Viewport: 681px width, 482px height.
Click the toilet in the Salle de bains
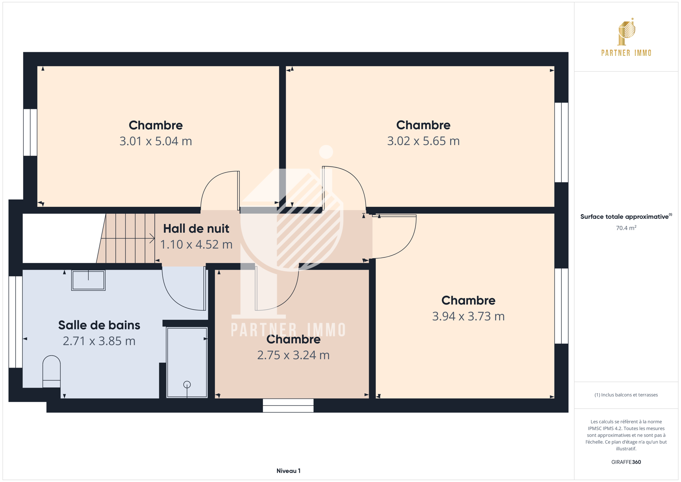coord(51,371)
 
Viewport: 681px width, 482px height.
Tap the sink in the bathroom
coord(88,280)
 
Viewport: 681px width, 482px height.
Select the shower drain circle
coord(187,385)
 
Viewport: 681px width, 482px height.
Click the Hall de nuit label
coord(196,229)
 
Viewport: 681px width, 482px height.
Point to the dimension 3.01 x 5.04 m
coord(156,141)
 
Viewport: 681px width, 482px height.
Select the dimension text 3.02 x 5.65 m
coord(423,141)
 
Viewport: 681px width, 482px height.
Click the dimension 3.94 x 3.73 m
coord(468,316)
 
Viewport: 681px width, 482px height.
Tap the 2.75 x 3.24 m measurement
coord(294,355)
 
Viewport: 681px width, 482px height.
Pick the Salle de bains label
coord(99,325)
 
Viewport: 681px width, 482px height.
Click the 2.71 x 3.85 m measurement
coord(99,341)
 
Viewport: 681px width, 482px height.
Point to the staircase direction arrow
coord(128,239)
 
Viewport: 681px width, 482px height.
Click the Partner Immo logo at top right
coord(626,37)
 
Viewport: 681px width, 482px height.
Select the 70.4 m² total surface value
coord(626,228)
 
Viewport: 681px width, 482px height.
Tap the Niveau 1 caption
coord(288,471)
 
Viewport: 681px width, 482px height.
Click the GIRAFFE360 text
coord(626,462)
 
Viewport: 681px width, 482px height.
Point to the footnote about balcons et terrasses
coord(626,395)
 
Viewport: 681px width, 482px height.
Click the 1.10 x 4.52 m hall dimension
coord(196,245)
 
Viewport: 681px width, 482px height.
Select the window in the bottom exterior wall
coord(288,405)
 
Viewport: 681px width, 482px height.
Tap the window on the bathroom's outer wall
coord(16,322)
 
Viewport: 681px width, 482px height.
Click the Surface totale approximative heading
coord(626,216)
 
